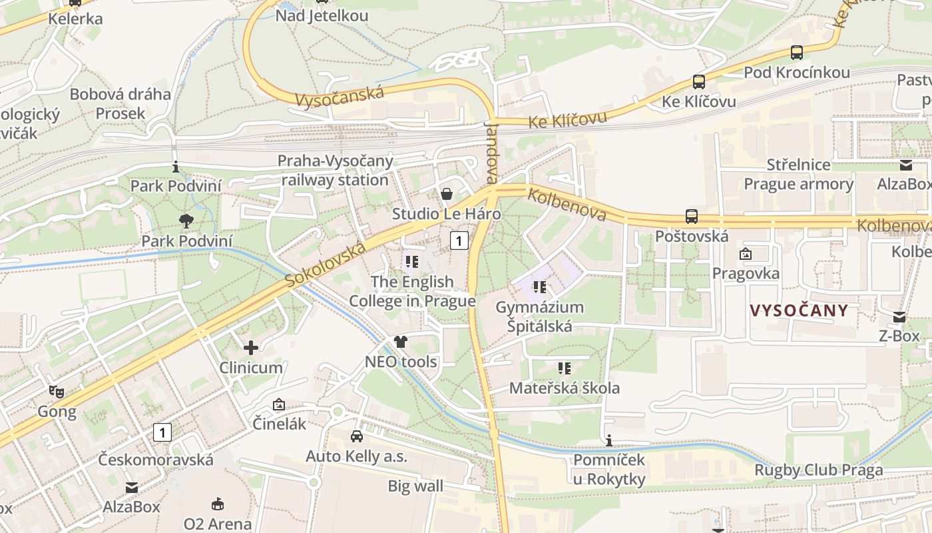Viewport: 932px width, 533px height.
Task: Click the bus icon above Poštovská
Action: click(x=692, y=217)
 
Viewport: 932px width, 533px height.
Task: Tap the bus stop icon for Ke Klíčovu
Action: click(x=698, y=82)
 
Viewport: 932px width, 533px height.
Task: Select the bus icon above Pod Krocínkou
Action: click(x=796, y=53)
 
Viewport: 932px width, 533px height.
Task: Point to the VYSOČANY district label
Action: click(x=799, y=310)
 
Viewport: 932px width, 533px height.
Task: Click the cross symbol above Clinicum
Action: click(x=251, y=347)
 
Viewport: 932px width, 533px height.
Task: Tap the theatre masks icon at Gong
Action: click(x=57, y=392)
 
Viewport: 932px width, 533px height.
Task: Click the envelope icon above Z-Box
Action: click(x=899, y=317)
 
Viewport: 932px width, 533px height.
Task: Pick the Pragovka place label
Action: click(x=746, y=273)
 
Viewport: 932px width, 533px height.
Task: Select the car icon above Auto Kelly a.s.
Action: click(x=357, y=436)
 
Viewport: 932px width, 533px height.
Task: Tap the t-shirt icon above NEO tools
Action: click(x=400, y=342)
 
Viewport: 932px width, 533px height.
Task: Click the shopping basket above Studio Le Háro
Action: click(x=446, y=194)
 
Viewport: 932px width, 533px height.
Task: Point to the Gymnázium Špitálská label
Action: click(x=539, y=316)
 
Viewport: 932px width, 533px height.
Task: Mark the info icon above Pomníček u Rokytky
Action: click(x=608, y=440)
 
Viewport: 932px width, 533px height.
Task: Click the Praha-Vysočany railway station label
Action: click(x=335, y=171)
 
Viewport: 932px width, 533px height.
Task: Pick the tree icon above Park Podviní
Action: click(x=186, y=221)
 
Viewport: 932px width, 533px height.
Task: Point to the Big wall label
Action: click(x=415, y=486)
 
